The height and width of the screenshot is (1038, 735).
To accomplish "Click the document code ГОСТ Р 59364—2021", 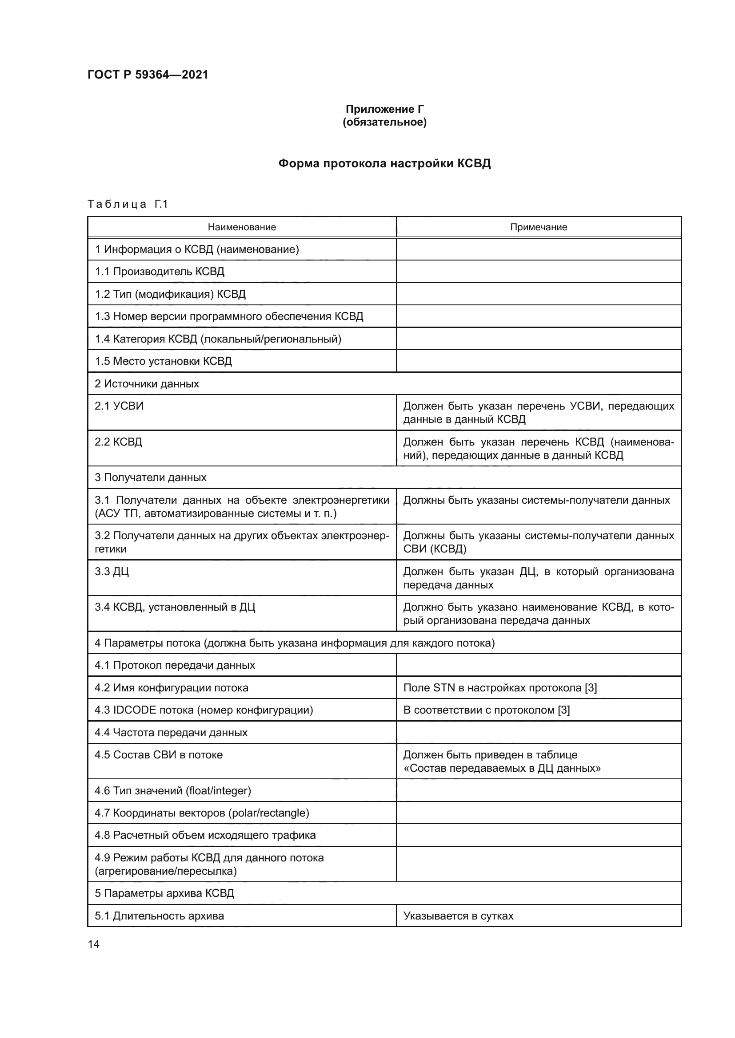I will (148, 75).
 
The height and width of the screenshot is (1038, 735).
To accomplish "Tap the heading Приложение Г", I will (385, 109).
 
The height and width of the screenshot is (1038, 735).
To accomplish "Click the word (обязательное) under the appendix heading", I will (385, 122).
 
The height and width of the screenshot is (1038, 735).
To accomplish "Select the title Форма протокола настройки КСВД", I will (385, 163).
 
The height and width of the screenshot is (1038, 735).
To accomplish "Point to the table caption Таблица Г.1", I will (128, 204).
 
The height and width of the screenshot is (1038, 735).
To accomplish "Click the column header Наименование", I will (242, 227).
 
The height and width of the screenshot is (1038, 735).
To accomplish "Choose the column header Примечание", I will (539, 227).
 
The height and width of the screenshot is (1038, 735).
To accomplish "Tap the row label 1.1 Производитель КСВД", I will (160, 271).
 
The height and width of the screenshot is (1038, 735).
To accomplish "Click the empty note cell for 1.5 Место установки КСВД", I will (539, 361).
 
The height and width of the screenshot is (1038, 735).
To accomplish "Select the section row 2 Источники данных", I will (147, 384).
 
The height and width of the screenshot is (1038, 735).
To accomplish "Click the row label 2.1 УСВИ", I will (119, 406).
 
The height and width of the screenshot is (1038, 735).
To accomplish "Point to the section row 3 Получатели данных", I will (150, 478).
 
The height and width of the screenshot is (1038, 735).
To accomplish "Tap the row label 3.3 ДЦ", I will (112, 572).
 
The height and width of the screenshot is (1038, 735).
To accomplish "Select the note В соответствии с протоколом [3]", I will (487, 710).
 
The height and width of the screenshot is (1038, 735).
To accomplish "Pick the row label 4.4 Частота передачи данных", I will (171, 732).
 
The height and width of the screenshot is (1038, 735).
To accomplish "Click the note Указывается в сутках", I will (459, 916).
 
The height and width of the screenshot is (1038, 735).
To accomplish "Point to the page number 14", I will (94, 944).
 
